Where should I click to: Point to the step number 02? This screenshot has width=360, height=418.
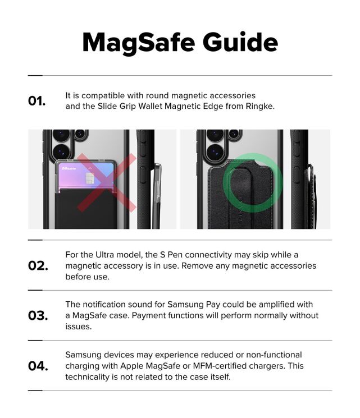(x=38, y=265)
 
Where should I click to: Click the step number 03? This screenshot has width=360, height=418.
(x=38, y=315)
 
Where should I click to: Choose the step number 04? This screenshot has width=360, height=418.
(x=38, y=366)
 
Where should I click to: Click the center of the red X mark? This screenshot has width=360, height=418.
(x=106, y=182)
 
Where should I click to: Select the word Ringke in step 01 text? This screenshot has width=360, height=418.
(x=259, y=106)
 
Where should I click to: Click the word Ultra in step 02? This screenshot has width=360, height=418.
(x=104, y=255)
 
